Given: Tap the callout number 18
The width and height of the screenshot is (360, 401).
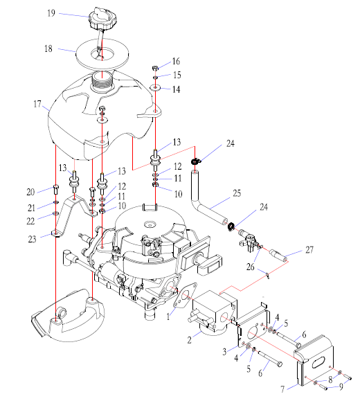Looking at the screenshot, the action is coord(48,48).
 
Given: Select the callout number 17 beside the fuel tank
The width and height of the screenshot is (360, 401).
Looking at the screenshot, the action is coord(37,104).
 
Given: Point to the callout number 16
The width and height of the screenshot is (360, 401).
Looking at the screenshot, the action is coord(176,61).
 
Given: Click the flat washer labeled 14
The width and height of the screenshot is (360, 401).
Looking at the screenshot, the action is coord(155,88).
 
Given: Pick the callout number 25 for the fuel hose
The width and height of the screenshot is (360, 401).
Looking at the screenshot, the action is coord(237,193).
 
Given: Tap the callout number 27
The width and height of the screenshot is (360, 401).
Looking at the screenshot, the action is coord(309,249).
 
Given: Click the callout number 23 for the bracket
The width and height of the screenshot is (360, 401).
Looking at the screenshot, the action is coord(32,239).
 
